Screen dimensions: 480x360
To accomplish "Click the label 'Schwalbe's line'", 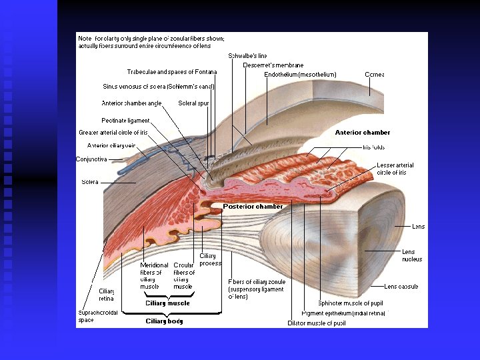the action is point(247,56).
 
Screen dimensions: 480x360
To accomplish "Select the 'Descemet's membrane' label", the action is point(273,65).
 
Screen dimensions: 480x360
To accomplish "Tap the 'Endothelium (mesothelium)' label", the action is point(300,75).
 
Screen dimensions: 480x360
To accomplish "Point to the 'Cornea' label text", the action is point(374,75).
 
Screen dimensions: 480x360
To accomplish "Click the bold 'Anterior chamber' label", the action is point(362,133).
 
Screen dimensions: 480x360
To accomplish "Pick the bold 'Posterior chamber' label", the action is point(253,207).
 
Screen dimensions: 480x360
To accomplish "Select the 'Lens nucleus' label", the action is point(411,255).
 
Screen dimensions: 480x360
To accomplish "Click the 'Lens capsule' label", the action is point(401,287).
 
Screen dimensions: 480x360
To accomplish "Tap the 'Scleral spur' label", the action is point(193,103).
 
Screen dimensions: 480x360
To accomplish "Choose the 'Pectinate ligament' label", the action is point(125,121).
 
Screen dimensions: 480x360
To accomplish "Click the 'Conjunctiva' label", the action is point(91,159).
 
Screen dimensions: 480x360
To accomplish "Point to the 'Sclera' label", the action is point(89,182).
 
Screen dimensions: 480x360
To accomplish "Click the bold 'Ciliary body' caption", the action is point(164,321).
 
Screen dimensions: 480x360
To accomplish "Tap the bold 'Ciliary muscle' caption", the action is point(167,303).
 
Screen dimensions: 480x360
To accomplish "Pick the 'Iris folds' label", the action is point(373,147).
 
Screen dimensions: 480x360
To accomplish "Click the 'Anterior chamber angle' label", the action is point(131,103).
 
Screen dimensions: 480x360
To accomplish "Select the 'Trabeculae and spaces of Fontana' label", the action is point(172,72).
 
